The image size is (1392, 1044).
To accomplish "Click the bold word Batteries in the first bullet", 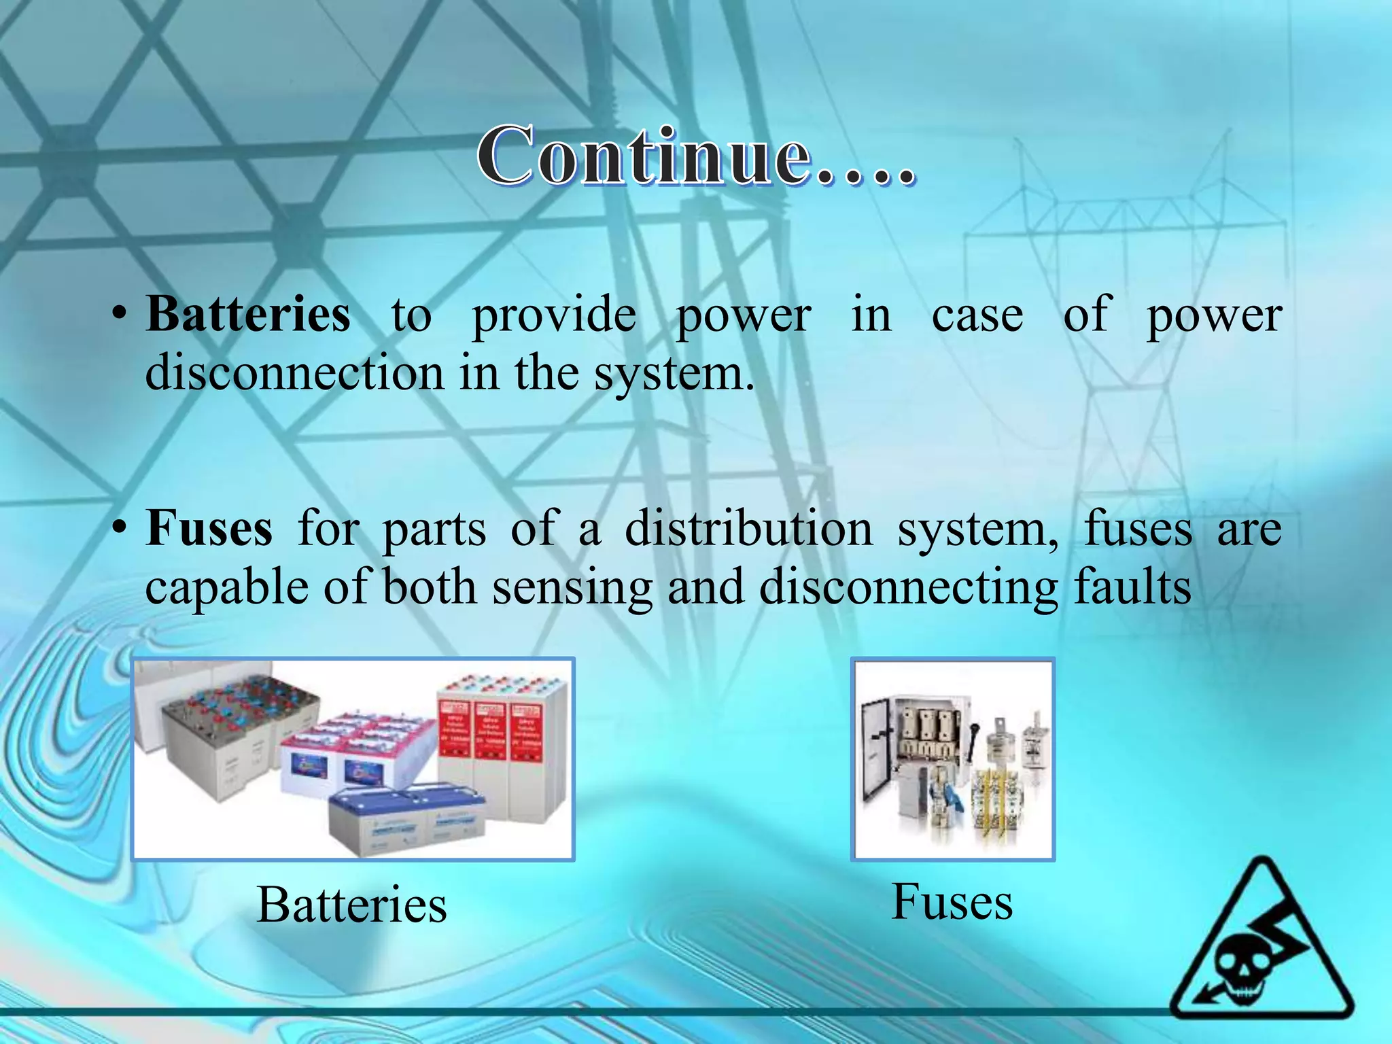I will point(248,315).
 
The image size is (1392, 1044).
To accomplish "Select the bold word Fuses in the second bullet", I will point(209,528).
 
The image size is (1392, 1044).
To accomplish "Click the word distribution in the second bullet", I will point(748,528).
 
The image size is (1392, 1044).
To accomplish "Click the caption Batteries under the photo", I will point(352,905).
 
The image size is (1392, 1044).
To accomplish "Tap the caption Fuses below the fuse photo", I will point(952,902).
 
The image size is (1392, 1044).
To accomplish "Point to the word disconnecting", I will point(908,587).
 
